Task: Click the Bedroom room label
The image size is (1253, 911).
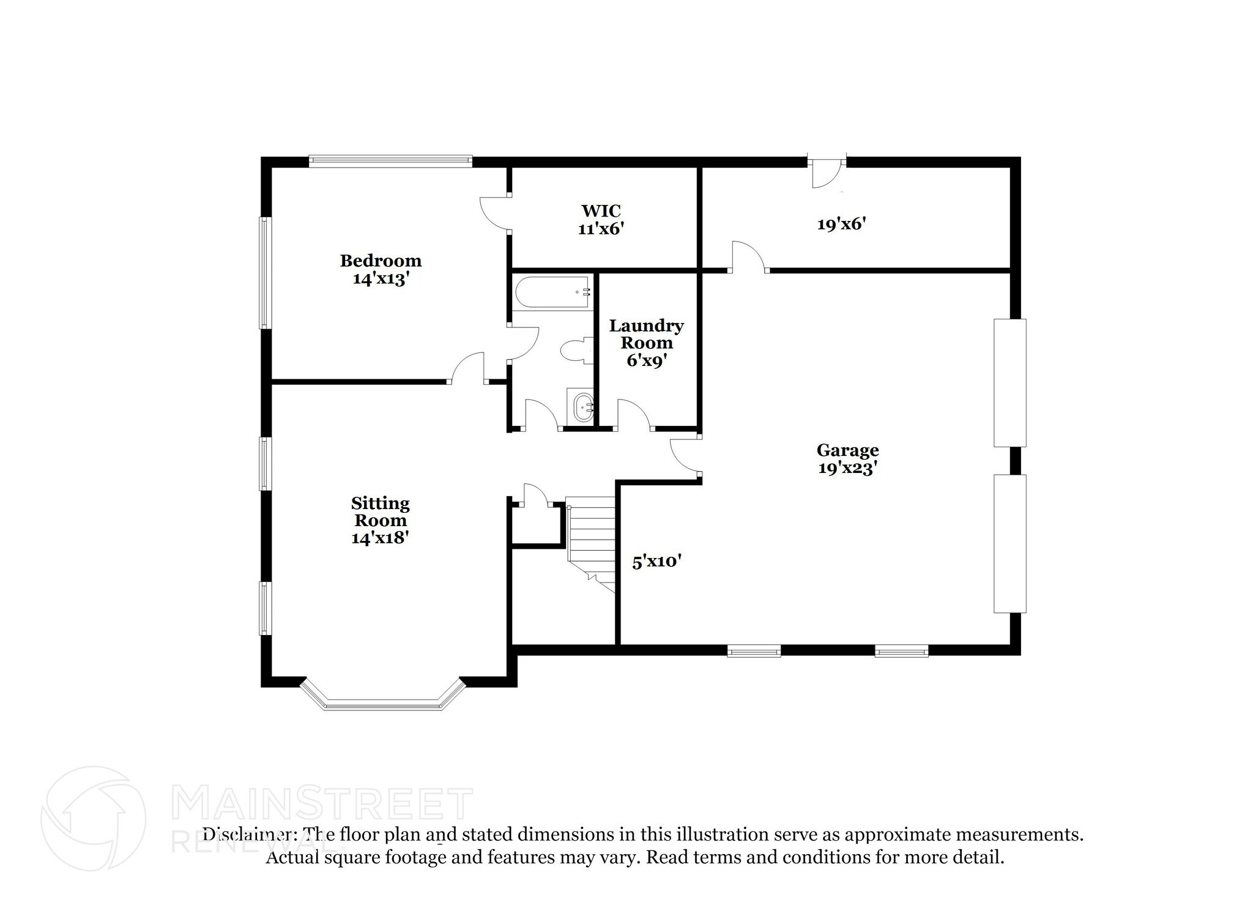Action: pos(381,261)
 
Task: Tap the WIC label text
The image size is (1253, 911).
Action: pos(601,211)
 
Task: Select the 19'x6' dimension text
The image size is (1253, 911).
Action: pos(841,225)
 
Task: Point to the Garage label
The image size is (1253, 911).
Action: pos(847,451)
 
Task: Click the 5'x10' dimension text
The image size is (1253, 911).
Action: pos(656,562)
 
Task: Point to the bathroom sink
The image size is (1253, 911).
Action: pos(581,406)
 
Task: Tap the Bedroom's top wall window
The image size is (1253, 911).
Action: pos(390,162)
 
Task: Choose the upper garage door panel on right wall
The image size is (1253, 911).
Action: pos(1009,382)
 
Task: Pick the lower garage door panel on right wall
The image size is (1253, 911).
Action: pos(1009,543)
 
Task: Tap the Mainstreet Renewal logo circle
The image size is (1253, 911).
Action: pos(93,818)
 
